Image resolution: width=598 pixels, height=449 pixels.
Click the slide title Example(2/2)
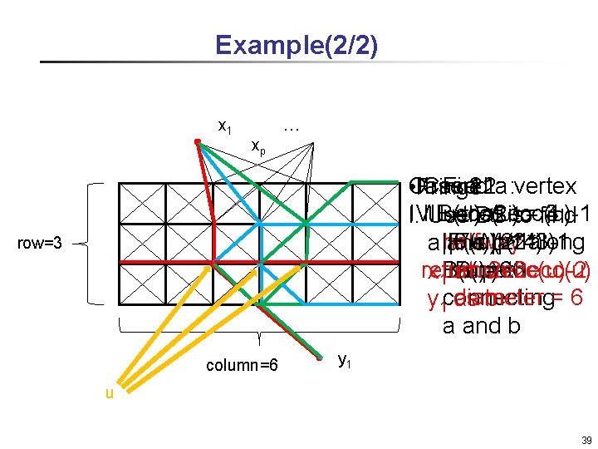[296, 44]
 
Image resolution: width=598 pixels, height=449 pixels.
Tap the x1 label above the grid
[224, 126]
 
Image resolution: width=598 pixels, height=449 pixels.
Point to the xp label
[259, 146]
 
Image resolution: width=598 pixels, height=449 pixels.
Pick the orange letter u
[109, 393]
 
